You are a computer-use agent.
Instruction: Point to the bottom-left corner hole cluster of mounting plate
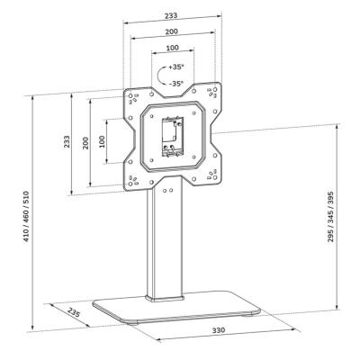click(x=136, y=175)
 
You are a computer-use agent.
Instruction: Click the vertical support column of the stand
click(x=164, y=243)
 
